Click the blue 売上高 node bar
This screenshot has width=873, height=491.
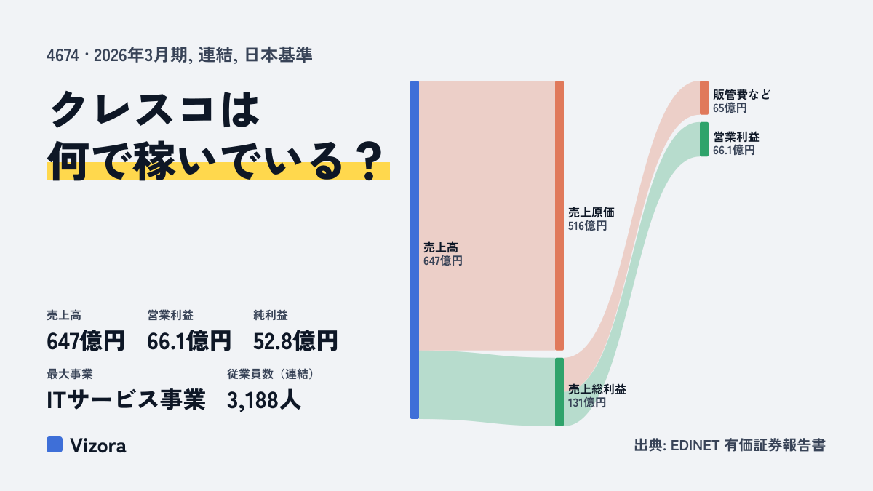coord(415,250)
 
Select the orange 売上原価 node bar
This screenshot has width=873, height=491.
coord(559,215)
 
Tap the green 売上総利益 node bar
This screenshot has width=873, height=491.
coord(559,392)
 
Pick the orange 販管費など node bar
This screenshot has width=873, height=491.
coord(704,97)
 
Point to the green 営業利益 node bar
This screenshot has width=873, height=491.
coord(704,140)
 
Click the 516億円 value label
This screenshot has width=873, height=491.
coord(587,226)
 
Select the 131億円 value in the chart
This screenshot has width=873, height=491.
coord(587,402)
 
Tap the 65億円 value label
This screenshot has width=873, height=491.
coord(730,108)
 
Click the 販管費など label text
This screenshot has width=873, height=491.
coord(741,95)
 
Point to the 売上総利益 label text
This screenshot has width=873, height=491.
coord(597,389)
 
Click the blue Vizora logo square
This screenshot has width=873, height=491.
coord(55,444)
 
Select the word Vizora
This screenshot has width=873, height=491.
coord(98,446)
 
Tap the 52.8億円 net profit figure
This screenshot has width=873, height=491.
coord(295,341)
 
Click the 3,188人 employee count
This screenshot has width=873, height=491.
coord(264,400)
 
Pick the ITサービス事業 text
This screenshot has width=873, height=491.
coord(126,400)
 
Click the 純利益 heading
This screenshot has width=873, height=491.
coord(271,315)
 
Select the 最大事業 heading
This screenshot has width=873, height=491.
coord(70,374)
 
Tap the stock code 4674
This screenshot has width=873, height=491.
coord(63,55)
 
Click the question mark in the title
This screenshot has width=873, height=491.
coord(370,161)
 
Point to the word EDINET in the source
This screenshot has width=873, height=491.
coord(695,445)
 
